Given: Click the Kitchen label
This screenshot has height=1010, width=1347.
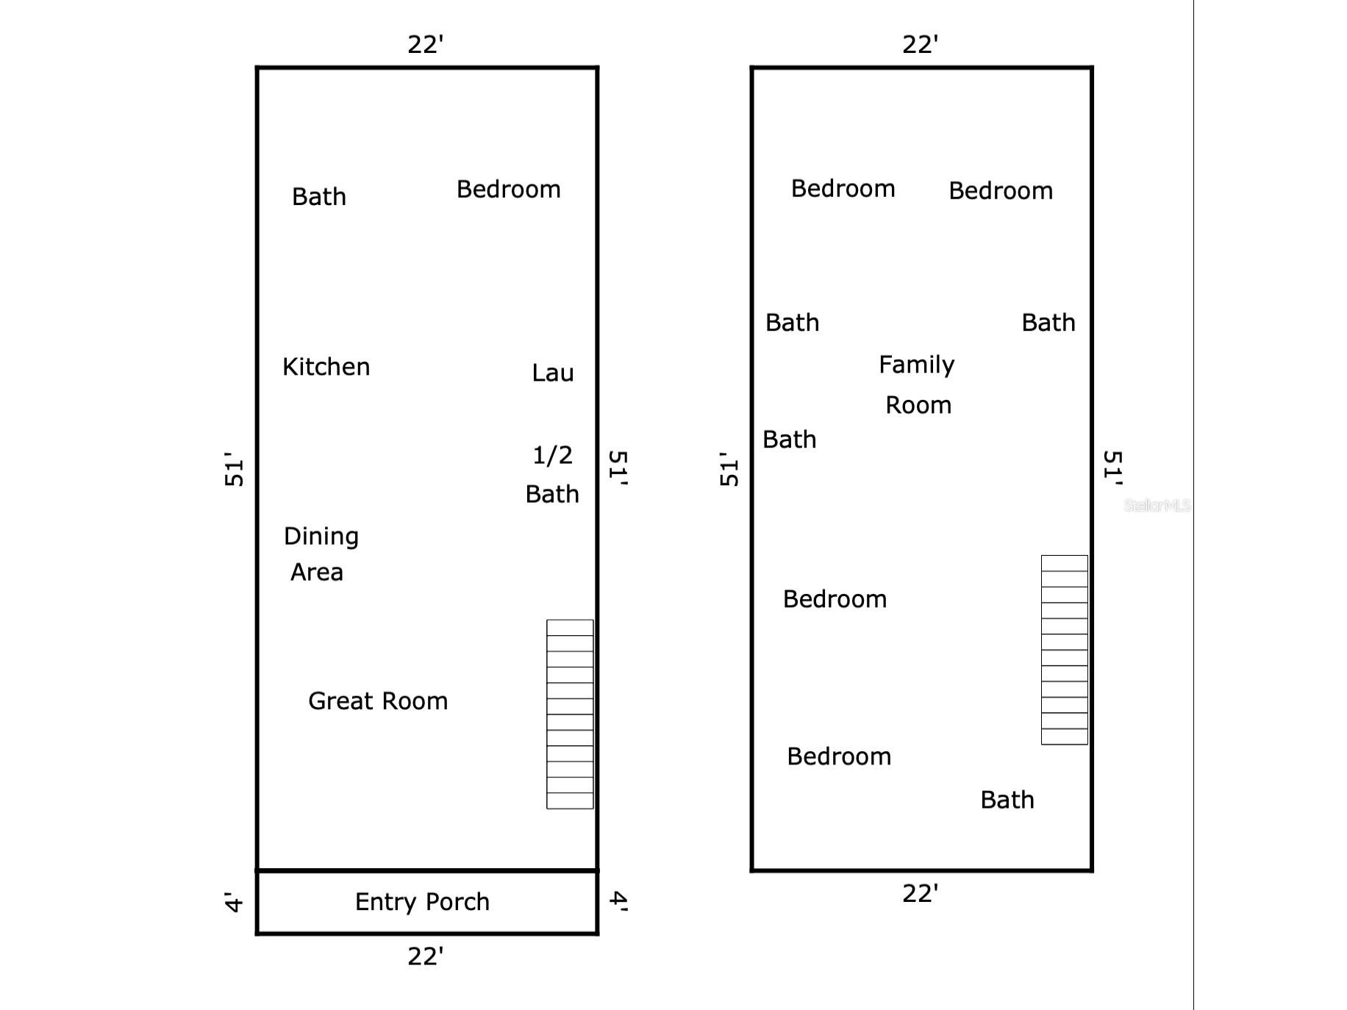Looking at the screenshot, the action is pyautogui.click(x=326, y=367).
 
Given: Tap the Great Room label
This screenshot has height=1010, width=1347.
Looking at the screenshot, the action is pyautogui.click(x=378, y=701).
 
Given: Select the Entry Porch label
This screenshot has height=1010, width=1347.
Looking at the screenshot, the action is pyautogui.click(x=422, y=902).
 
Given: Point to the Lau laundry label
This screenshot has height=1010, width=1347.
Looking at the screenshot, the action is pyautogui.click(x=553, y=373).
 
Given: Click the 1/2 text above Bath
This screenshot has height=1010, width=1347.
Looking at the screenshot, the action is pyautogui.click(x=552, y=456).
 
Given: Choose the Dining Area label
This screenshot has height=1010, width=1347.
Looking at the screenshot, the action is pyautogui.click(x=321, y=554).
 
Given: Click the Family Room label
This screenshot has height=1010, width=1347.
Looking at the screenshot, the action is pyautogui.click(x=917, y=384).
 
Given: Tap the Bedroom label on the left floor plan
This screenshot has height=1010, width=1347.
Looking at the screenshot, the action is pyautogui.click(x=509, y=190).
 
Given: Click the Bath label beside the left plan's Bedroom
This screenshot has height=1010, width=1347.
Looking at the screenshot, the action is pyautogui.click(x=319, y=197).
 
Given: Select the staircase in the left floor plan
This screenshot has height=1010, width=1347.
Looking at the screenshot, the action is pyautogui.click(x=570, y=714).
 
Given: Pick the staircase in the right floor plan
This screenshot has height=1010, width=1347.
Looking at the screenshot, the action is pyautogui.click(x=1065, y=650).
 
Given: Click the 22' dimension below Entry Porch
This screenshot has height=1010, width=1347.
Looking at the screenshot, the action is pyautogui.click(x=426, y=956).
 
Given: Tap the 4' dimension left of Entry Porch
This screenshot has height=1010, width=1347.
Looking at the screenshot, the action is pyautogui.click(x=233, y=902).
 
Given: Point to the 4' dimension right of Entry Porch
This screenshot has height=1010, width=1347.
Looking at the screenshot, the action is pyautogui.click(x=619, y=901).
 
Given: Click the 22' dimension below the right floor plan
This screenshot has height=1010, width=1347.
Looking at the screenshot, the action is pyautogui.click(x=921, y=894).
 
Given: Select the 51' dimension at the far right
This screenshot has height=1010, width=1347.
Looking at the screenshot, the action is pyautogui.click(x=1113, y=468).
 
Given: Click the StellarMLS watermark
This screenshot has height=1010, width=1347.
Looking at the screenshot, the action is pyautogui.click(x=1157, y=505).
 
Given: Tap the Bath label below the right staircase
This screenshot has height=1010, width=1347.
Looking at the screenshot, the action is pyautogui.click(x=1007, y=800).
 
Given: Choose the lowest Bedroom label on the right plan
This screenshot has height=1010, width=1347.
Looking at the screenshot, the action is pyautogui.click(x=839, y=756).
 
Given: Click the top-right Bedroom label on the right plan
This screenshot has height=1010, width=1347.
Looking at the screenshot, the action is pyautogui.click(x=1001, y=191).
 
